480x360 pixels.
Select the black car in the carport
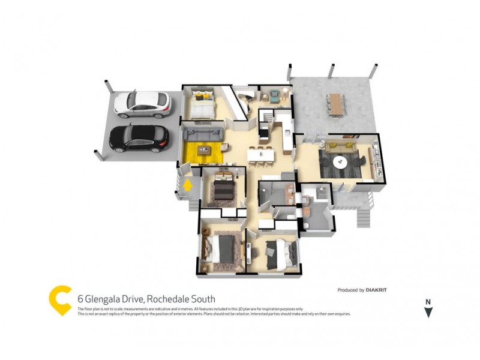point(139,138)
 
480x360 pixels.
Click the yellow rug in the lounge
point(203,152)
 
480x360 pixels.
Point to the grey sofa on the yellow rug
point(203,134)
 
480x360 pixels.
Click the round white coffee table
point(340,161)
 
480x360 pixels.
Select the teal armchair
point(275,95)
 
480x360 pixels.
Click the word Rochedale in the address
point(168,299)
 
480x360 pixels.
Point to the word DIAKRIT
point(377,290)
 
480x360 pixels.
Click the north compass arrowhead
point(428,312)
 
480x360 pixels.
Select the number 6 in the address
point(80,299)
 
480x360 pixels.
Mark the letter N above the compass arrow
point(428,302)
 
